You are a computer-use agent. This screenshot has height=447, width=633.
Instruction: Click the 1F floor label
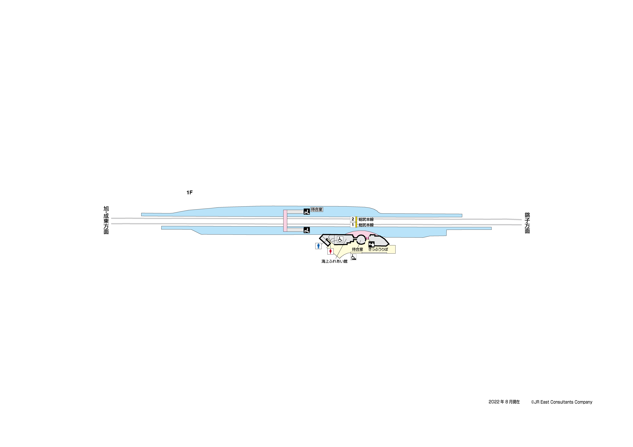[x=189, y=193]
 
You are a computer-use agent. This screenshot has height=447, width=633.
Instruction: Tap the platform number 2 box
[x=353, y=219]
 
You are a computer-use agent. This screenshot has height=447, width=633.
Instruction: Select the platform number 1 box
[x=353, y=225]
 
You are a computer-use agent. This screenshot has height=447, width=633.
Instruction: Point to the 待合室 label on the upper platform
[x=317, y=210]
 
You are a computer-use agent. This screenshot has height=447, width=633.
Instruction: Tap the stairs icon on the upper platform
[x=307, y=212]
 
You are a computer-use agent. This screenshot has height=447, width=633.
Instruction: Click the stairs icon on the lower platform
[x=307, y=230]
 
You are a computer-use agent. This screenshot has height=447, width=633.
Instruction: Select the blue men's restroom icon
[x=318, y=246]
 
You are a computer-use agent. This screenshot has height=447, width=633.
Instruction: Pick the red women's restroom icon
[x=330, y=251]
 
